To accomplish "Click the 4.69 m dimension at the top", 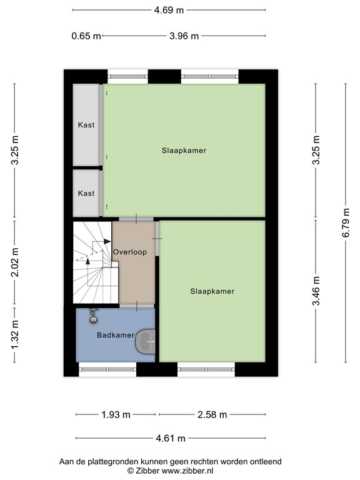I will [x=169, y=10].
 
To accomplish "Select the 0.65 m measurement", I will [x=86, y=36].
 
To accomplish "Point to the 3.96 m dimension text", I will [x=184, y=36].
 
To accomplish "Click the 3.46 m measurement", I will [x=316, y=291].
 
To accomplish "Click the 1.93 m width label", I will [x=116, y=414].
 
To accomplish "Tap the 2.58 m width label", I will [x=212, y=414].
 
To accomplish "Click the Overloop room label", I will [x=130, y=252].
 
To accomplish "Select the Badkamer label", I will [x=116, y=336].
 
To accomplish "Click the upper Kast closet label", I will [x=86, y=125].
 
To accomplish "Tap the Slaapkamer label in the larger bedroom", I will [x=184, y=151].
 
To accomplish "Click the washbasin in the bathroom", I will [x=146, y=342].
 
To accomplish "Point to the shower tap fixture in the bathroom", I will [x=94, y=316].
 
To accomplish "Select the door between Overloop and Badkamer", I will [x=137, y=306].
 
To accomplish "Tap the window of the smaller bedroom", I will [x=206, y=369].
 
